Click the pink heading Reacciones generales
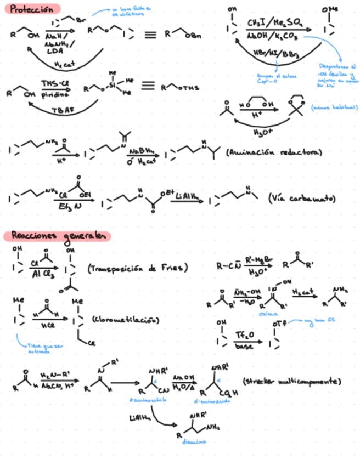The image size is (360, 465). tap(57, 236)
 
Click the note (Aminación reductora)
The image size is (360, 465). tap(274, 152)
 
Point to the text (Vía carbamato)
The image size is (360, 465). tap(302, 199)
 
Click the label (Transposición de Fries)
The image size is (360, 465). tap(137, 268)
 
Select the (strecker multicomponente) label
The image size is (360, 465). tap(291, 381)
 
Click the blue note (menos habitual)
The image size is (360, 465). tap(334, 108)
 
